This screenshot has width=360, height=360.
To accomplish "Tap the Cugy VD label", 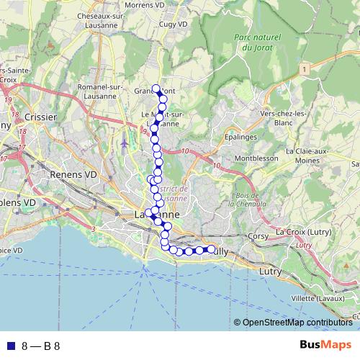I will tap(173, 24).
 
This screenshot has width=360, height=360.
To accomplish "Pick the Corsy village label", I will tap(257, 235).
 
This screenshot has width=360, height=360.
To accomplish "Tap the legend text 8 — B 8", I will tap(40, 346).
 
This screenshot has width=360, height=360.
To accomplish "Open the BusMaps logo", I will tap(325, 346).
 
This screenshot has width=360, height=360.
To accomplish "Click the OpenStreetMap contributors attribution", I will tap(296, 323).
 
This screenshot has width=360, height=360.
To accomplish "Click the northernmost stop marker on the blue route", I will tap(156, 89).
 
